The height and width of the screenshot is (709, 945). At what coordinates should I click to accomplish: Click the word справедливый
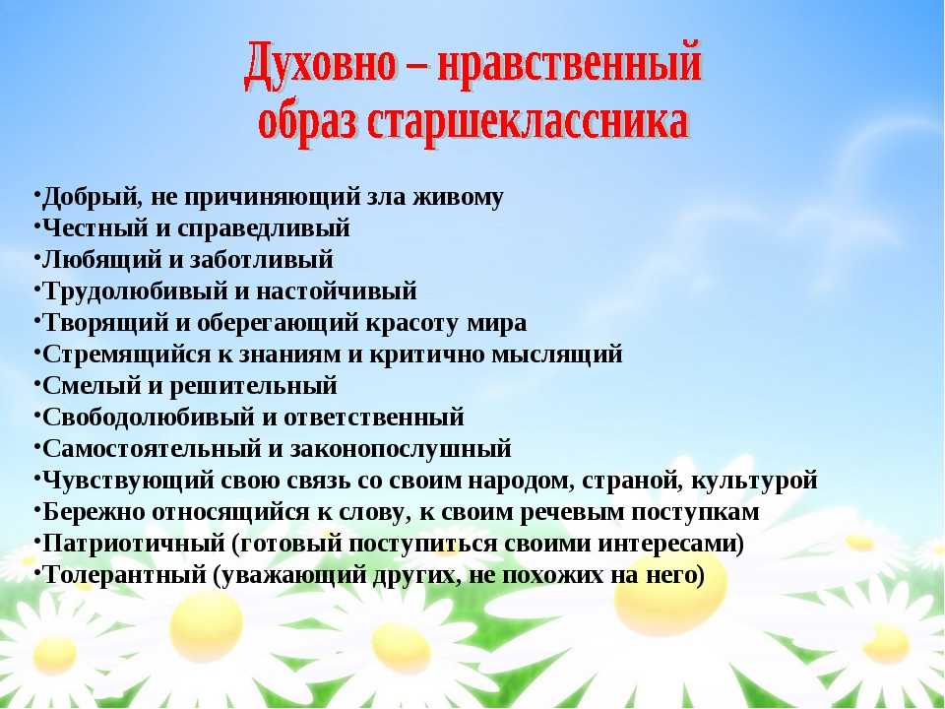tap(264, 229)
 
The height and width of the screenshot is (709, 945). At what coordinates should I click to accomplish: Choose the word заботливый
tap(262, 260)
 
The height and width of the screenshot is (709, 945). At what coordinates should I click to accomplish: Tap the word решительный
tap(253, 386)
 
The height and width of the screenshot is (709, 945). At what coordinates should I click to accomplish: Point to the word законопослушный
tap(401, 450)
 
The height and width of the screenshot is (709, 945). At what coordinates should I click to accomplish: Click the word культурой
tap(754, 482)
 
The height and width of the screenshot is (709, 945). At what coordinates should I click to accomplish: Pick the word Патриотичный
tap(133, 544)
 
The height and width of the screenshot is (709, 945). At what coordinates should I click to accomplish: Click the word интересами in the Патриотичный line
tap(667, 544)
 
